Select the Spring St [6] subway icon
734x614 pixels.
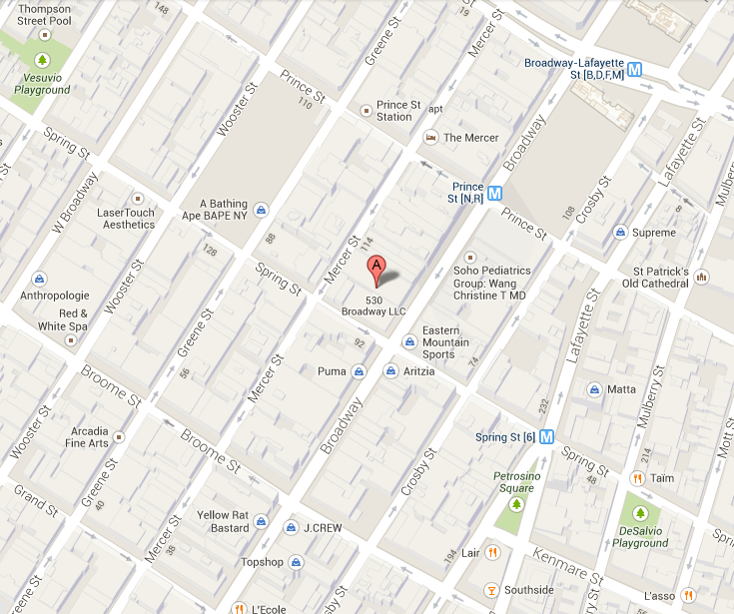[546, 436]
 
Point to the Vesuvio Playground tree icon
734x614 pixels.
[42, 60]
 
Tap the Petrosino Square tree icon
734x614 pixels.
[516, 505]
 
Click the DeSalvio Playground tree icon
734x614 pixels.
[640, 506]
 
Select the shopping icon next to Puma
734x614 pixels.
[358, 371]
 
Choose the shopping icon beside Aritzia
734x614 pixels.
[388, 371]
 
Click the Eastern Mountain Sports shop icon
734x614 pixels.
[408, 342]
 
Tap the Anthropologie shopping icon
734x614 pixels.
[39, 279]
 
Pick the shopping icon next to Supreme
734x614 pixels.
[620, 233]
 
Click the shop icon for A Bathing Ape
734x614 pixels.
[260, 210]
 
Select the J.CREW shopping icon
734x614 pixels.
[291, 528]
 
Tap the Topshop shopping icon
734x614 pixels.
[296, 562]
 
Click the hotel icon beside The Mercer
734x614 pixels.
[431, 138]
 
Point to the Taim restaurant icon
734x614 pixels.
[637, 477]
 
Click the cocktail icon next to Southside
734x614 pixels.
[491, 589]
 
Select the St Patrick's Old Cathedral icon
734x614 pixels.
[702, 277]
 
